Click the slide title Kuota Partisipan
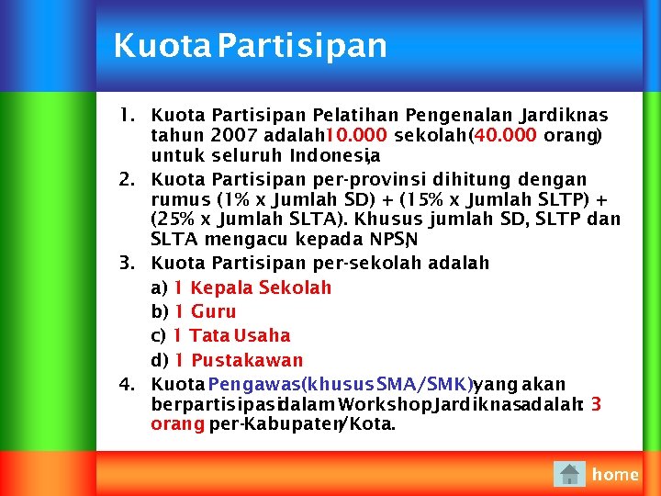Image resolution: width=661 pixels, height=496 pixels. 250,46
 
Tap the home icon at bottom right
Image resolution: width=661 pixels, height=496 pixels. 570,474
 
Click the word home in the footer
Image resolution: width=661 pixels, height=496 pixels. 615,474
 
